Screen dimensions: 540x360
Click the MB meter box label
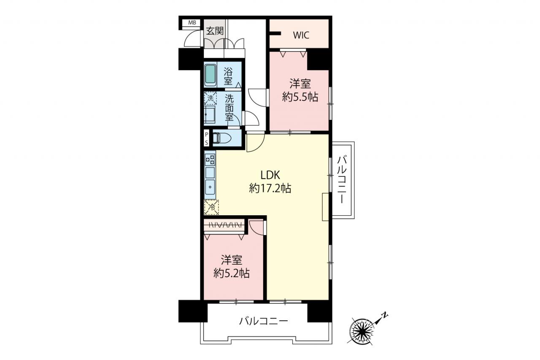pyautogui.click(x=192, y=23)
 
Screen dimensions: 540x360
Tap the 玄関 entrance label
pyautogui.click(x=215, y=31)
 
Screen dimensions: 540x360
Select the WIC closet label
pyautogui.click(x=301, y=35)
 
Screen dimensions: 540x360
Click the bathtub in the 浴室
pyautogui.click(x=210, y=75)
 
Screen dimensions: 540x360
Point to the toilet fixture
pyautogui.click(x=222, y=139)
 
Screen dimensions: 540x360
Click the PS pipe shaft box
pyautogui.click(x=206, y=138)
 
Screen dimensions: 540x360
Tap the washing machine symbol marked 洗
pyautogui.click(x=210, y=98)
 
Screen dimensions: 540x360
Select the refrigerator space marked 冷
pyautogui.click(x=211, y=207)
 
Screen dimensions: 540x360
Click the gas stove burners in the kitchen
pyautogui.click(x=210, y=160)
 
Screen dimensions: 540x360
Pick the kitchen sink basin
pyautogui.click(x=210, y=187)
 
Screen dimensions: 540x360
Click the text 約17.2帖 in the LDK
pyautogui.click(x=270, y=188)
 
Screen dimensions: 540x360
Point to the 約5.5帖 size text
pyautogui.click(x=300, y=97)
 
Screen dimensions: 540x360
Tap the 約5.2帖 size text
pyautogui.click(x=232, y=273)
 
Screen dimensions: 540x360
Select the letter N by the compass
pyautogui.click(x=385, y=315)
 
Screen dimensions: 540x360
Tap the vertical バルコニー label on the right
pyautogui.click(x=342, y=180)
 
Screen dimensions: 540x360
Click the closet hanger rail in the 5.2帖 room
pyautogui.click(x=224, y=225)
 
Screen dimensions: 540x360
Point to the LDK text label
pyautogui.click(x=270, y=175)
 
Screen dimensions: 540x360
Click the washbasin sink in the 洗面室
pyautogui.click(x=210, y=115)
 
